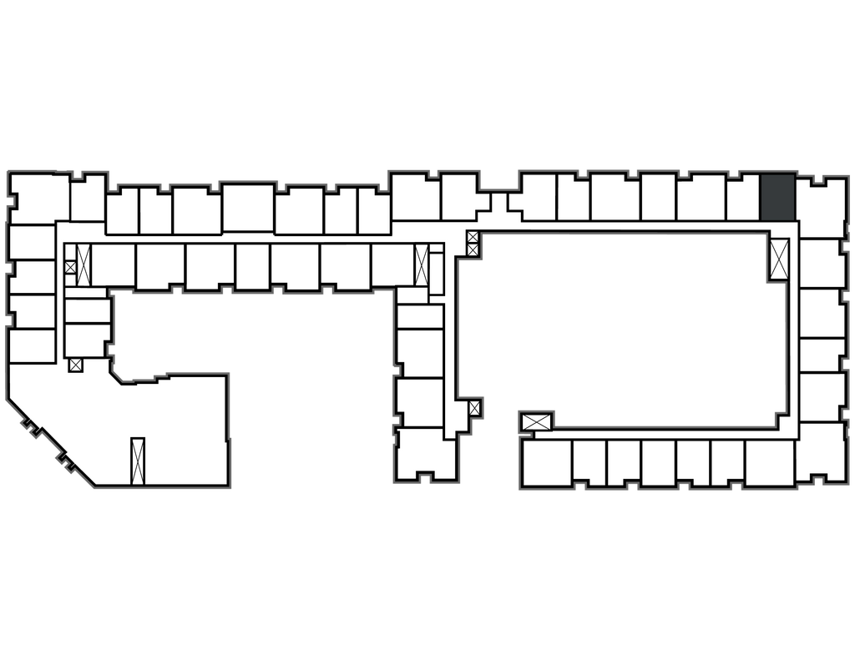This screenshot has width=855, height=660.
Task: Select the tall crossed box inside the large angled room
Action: click(x=138, y=460)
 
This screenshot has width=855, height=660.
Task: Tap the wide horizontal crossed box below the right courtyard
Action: click(x=536, y=421)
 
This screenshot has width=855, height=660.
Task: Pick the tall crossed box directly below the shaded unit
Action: click(x=780, y=258)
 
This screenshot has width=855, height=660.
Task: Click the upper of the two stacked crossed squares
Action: click(x=473, y=237)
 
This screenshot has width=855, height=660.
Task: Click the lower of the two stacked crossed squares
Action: click(x=473, y=249)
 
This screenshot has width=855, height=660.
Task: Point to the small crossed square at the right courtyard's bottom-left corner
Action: click(x=474, y=408)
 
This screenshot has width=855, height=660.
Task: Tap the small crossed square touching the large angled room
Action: click(x=76, y=365)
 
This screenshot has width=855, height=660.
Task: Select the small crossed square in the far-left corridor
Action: click(x=70, y=267)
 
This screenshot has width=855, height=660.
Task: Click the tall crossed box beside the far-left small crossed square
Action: click(x=83, y=258)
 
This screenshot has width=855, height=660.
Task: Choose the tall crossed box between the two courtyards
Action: click(x=421, y=265)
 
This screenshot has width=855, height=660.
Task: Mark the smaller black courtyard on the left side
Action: click(x=250, y=334)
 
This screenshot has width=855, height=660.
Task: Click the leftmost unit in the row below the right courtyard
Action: click(x=545, y=463)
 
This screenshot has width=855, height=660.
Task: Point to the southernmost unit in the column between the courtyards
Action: click(x=427, y=455)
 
